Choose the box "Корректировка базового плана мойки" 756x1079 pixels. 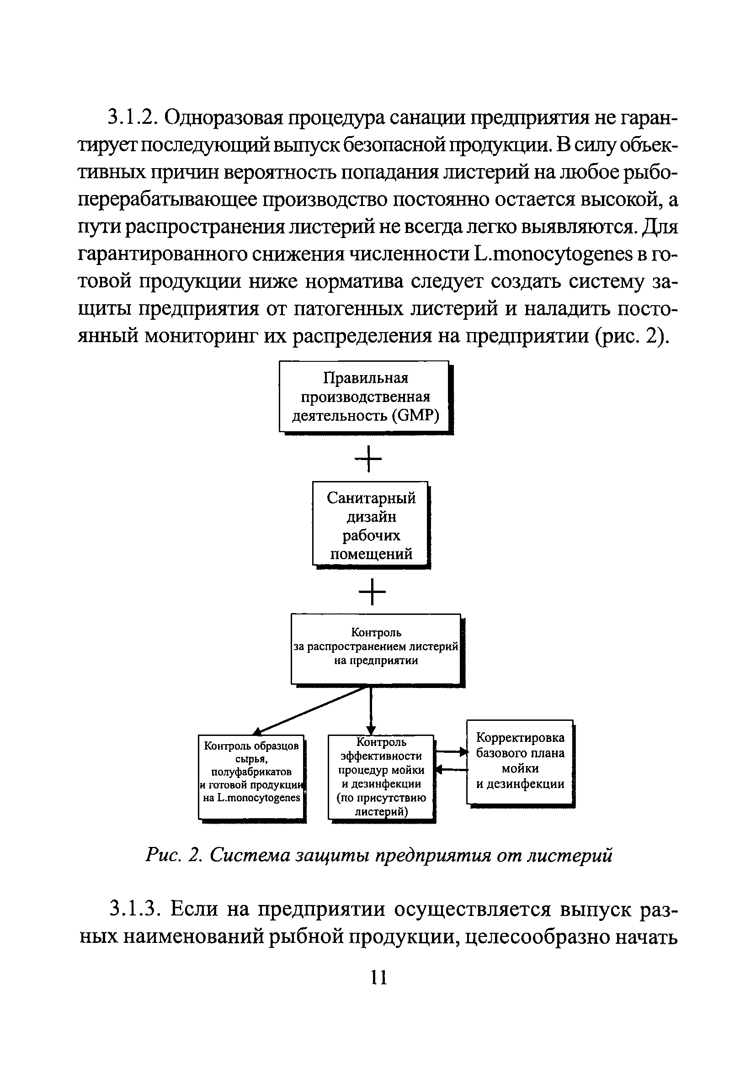(x=520, y=761)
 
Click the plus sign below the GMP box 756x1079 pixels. (x=368, y=458)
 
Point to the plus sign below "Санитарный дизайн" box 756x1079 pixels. (x=372, y=591)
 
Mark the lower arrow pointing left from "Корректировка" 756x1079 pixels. (x=450, y=770)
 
